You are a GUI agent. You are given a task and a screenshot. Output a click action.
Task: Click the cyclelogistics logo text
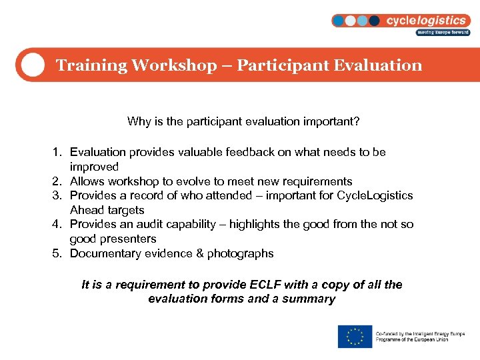(x=426, y=20)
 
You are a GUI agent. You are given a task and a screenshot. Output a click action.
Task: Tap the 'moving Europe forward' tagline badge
(x=443, y=32)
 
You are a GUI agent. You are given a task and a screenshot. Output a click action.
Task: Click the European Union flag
(x=355, y=337)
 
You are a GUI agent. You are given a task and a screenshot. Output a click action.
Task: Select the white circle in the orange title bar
(x=32, y=65)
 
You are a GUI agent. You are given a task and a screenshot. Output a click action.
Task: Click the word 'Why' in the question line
(x=138, y=122)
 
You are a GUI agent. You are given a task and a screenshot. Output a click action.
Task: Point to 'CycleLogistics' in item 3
(x=375, y=195)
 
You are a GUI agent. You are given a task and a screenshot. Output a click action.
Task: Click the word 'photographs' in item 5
(x=242, y=253)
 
